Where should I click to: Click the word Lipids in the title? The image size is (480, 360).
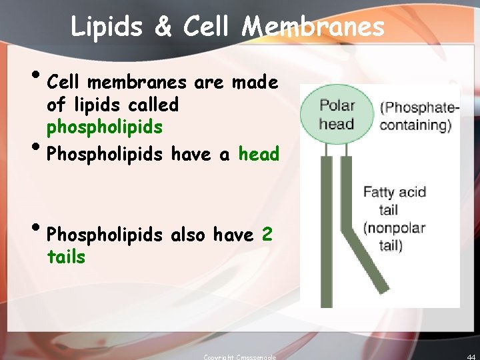(x=107, y=27)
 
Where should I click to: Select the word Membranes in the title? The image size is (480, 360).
(x=313, y=27)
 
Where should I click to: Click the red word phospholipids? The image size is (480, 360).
(x=105, y=127)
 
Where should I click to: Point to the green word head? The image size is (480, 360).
(x=259, y=154)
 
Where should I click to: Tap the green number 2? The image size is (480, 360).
(x=267, y=235)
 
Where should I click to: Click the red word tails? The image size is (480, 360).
(x=66, y=257)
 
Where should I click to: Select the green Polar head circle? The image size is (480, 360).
(x=337, y=114)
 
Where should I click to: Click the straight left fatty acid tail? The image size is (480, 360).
(x=326, y=233)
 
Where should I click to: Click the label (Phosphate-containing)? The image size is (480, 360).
(x=420, y=115)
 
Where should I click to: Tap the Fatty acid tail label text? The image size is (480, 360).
(x=394, y=201)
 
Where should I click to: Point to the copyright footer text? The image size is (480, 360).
(x=240, y=357)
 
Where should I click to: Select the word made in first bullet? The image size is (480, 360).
(x=255, y=82)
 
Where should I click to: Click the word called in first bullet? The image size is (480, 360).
(x=155, y=105)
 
